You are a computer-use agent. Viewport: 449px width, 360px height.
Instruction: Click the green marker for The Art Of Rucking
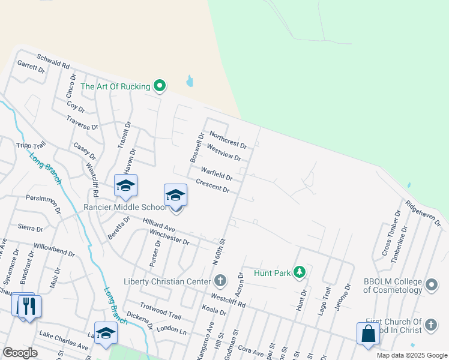[x=159, y=87]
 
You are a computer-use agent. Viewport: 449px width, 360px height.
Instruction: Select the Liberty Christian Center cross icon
[x=220, y=281]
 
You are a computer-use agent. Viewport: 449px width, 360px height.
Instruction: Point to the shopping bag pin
[x=368, y=334]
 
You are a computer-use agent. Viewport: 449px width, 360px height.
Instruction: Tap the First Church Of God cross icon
[x=430, y=325]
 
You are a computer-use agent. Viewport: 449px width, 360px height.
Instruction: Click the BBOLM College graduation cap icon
[x=430, y=286]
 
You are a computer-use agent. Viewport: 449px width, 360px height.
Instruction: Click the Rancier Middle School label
[x=124, y=208]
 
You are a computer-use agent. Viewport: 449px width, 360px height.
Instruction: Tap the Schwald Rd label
[x=53, y=61]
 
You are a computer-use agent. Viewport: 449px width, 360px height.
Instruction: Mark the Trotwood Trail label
[x=160, y=311]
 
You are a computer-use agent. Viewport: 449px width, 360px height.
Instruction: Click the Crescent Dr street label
[x=212, y=186]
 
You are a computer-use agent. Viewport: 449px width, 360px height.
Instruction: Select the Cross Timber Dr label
[x=391, y=234]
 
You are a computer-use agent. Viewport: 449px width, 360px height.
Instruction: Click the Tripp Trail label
[x=32, y=148]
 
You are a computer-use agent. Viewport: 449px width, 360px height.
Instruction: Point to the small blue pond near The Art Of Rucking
[x=190, y=81]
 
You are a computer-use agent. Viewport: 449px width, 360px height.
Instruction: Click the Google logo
[x=20, y=353]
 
